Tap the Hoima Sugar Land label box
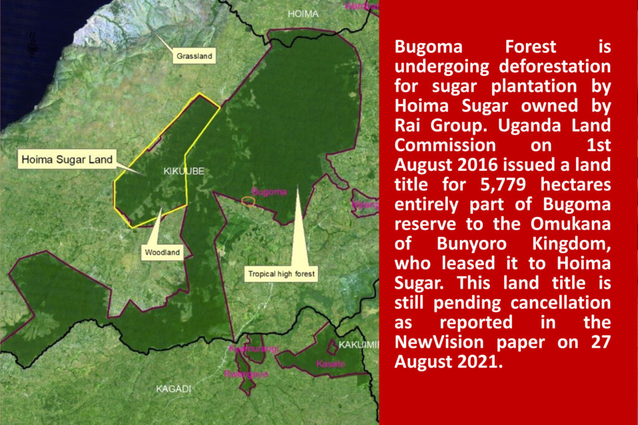[x=67, y=160]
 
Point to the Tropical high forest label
[x=282, y=274]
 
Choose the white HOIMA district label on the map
[x=303, y=14]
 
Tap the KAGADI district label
[x=173, y=389]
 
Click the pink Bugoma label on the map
[x=269, y=192]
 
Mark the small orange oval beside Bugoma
[x=248, y=201]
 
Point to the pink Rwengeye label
[x=242, y=374]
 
